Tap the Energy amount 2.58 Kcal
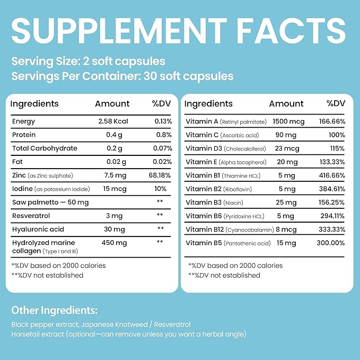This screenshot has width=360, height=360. (113, 121)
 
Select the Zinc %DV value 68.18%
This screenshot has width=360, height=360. (160, 175)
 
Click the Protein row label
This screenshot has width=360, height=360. (24, 135)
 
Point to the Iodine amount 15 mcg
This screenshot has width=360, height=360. (115, 189)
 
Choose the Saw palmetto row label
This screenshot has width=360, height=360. (50, 203)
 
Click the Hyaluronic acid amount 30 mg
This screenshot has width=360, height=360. (115, 230)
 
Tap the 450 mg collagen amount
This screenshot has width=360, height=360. (114, 243)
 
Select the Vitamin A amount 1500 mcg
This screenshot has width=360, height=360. (288, 122)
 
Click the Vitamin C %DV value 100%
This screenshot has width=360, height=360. (337, 135)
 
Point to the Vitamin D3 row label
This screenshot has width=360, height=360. (226, 148)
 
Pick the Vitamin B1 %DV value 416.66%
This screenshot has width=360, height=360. (332, 175)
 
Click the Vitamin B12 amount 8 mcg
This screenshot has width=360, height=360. (286, 230)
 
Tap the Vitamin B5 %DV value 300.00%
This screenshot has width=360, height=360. (331, 243)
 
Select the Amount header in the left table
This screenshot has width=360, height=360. (112, 104)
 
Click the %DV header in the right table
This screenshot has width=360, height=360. (336, 103)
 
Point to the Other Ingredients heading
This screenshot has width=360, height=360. (55, 310)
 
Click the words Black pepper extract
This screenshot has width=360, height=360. (45, 324)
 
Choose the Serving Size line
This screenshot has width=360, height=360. (88, 62)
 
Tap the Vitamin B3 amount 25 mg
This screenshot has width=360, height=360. (286, 203)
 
